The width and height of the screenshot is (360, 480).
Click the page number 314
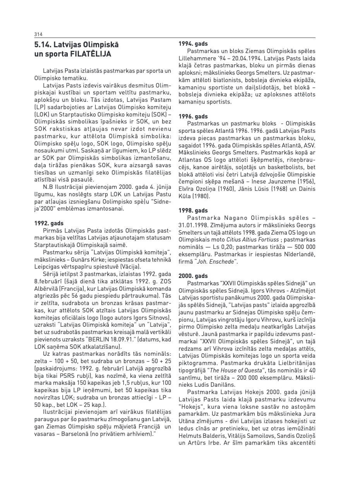point(38,34)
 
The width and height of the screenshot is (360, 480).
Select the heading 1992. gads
point(49,223)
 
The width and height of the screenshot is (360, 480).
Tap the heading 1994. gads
point(193,44)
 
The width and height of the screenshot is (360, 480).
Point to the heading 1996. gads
point(193,116)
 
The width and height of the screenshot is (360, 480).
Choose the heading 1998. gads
point(193,211)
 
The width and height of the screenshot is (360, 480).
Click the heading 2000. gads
point(193,276)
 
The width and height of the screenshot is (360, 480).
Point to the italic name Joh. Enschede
point(221,262)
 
